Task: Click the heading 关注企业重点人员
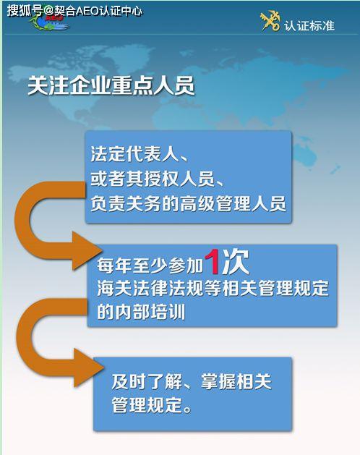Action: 111,86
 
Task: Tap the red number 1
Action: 213,262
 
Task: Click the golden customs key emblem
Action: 270,21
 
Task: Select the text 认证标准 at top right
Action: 309,25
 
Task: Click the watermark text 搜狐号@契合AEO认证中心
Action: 74,11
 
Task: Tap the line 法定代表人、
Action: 140,154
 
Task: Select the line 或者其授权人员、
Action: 157,179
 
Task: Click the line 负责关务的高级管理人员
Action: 188,203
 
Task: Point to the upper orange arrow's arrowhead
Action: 87,251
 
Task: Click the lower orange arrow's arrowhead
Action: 89,368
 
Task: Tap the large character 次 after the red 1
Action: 236,262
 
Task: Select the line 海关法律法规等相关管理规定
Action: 213,288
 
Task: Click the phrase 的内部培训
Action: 141,312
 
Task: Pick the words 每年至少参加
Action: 150,265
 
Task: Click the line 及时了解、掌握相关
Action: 192,381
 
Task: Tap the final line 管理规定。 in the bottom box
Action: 152,405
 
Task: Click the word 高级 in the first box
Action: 197,203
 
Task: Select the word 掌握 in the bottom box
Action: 218,381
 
